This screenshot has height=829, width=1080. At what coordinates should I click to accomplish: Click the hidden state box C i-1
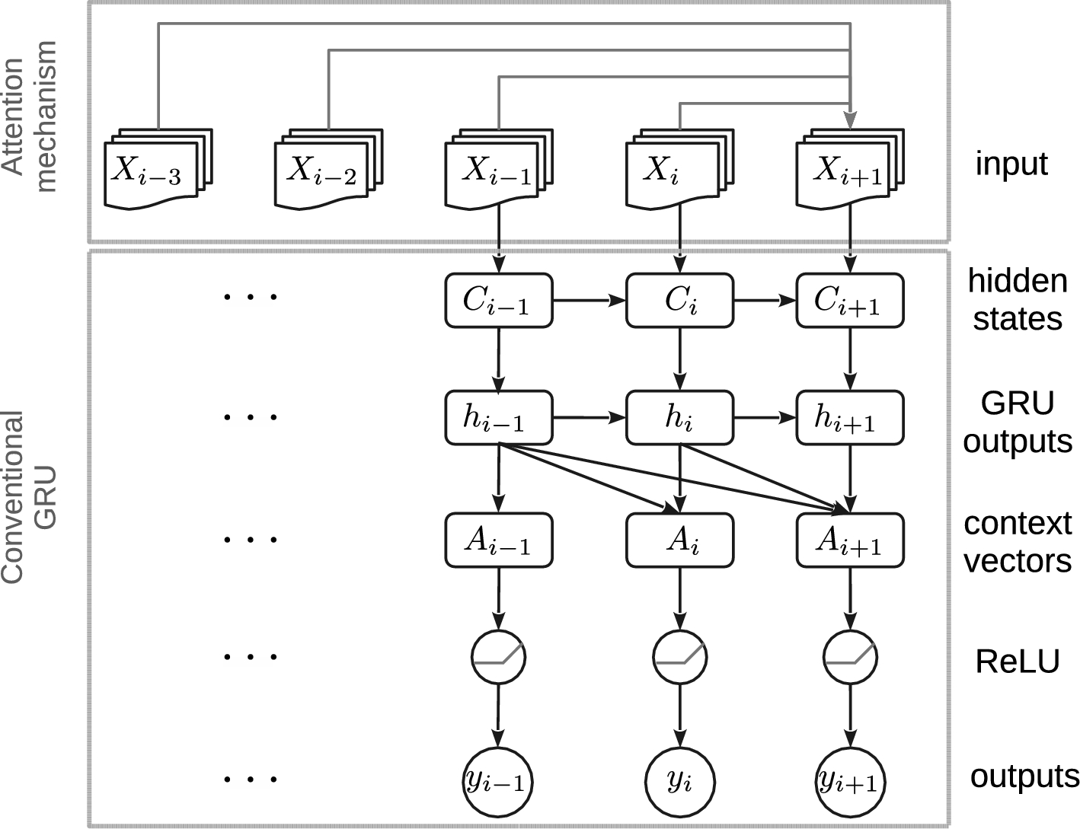tap(498, 301)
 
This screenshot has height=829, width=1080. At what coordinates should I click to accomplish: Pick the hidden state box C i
tap(679, 301)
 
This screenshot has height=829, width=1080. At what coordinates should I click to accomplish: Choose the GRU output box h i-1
tap(498, 418)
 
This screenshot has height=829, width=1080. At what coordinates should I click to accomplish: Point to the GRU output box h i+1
tap(849, 418)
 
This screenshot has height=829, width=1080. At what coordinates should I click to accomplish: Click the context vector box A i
tap(679, 540)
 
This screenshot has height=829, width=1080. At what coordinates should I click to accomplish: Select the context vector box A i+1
tap(849, 540)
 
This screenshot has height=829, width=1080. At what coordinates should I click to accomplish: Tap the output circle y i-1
tap(498, 782)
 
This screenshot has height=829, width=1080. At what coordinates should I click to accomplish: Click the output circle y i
tap(679, 782)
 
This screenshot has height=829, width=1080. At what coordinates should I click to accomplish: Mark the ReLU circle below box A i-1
tap(498, 657)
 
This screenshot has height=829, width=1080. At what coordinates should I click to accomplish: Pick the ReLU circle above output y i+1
tap(850, 657)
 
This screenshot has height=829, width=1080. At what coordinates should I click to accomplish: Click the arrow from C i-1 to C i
tap(589, 301)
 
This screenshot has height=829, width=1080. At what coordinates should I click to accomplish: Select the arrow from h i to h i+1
tap(764, 418)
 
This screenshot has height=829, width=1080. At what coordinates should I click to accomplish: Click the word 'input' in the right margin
tap(1011, 164)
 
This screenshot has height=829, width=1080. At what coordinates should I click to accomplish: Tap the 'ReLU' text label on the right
tap(1017, 662)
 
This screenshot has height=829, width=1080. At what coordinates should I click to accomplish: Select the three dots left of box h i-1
tap(250, 417)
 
